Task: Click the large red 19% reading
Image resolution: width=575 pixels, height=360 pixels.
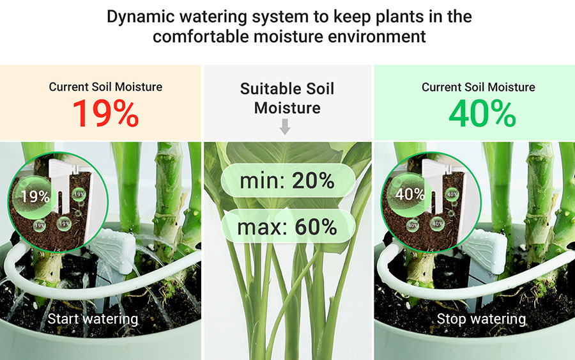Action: [105, 113]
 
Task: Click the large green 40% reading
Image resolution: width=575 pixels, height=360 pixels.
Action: [482, 114]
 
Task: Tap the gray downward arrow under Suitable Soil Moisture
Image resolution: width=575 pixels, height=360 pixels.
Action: [285, 127]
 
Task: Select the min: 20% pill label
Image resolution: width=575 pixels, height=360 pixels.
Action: [288, 180]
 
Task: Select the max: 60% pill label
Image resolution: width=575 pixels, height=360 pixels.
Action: [288, 226]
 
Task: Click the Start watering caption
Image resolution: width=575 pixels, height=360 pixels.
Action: [93, 319]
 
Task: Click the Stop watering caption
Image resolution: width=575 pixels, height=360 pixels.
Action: [481, 319]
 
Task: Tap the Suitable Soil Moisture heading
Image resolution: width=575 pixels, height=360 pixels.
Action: [287, 98]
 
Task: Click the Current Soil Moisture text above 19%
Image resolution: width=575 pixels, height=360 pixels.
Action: [105, 87]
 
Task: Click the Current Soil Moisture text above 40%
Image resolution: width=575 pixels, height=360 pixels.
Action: [478, 87]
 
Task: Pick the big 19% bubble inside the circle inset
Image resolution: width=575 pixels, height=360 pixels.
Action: [34, 197]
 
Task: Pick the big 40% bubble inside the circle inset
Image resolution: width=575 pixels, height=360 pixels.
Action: [408, 194]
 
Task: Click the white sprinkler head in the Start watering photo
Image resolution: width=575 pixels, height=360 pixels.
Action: [115, 249]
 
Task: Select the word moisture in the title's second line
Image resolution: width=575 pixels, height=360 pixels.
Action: [288, 36]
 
